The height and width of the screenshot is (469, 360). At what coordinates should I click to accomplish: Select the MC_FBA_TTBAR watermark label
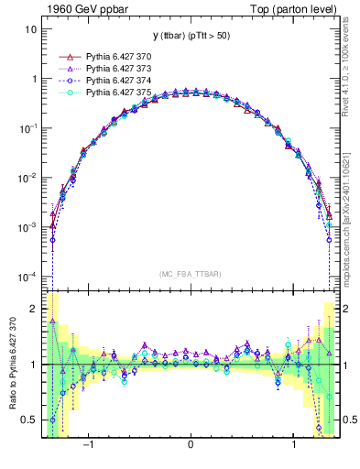click(190, 274)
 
